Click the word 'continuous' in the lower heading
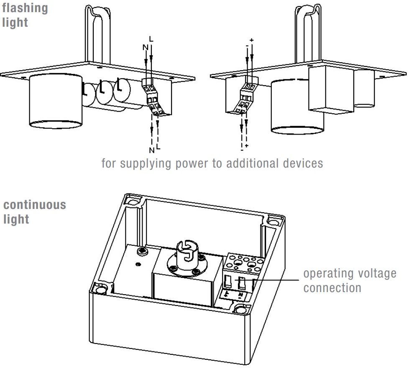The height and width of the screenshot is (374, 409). (34, 205)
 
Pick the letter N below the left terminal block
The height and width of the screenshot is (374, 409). (151, 150)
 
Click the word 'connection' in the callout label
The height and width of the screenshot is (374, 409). (332, 288)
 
